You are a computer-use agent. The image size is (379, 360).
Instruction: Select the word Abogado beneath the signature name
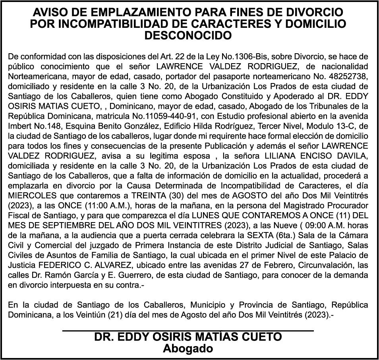tap(188, 349)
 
